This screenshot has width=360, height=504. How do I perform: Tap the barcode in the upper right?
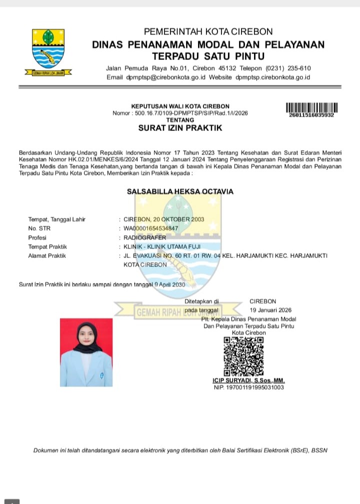311,107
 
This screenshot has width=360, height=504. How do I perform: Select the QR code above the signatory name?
243,356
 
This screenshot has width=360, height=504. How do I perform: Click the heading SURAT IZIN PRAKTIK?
180,128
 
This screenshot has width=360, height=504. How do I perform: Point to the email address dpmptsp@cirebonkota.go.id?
167,77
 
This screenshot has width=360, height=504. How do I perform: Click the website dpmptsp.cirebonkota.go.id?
273,77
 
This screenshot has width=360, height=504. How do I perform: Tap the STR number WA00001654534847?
150,228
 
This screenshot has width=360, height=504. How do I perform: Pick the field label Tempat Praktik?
47,246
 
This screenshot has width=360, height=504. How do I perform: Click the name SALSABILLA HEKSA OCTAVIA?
180,191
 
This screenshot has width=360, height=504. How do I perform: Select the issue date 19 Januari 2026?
270,310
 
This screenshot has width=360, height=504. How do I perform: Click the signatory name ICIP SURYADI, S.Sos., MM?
248,380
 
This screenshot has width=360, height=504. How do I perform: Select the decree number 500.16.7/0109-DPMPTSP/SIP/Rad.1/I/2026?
192,113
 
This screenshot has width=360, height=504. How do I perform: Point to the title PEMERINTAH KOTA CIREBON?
208,32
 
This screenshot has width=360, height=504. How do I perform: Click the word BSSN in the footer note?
319,450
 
